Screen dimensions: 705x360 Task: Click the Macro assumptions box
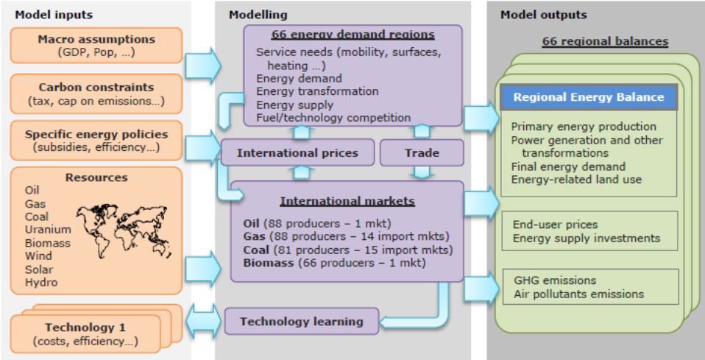click(96, 46)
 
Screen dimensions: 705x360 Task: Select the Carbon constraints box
click(96, 93)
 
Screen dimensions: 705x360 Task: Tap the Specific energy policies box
click(96, 141)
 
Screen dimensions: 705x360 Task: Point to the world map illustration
click(124, 231)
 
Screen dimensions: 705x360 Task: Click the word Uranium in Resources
click(48, 230)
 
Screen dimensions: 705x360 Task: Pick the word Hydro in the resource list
click(41, 283)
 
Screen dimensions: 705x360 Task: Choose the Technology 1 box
click(85, 334)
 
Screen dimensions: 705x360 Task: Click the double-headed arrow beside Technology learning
click(204, 321)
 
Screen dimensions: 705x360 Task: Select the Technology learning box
click(301, 321)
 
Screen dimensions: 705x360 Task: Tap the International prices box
click(297, 152)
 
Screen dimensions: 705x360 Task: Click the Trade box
click(422, 152)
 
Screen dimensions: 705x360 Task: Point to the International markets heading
click(347, 201)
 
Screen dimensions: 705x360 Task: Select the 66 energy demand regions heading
click(353, 35)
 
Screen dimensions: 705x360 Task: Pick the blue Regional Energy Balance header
click(589, 97)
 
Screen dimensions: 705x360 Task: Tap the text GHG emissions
click(555, 280)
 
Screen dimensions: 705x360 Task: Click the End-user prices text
click(556, 225)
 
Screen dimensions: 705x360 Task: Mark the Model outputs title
click(544, 15)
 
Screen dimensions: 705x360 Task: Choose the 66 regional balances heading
click(605, 41)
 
